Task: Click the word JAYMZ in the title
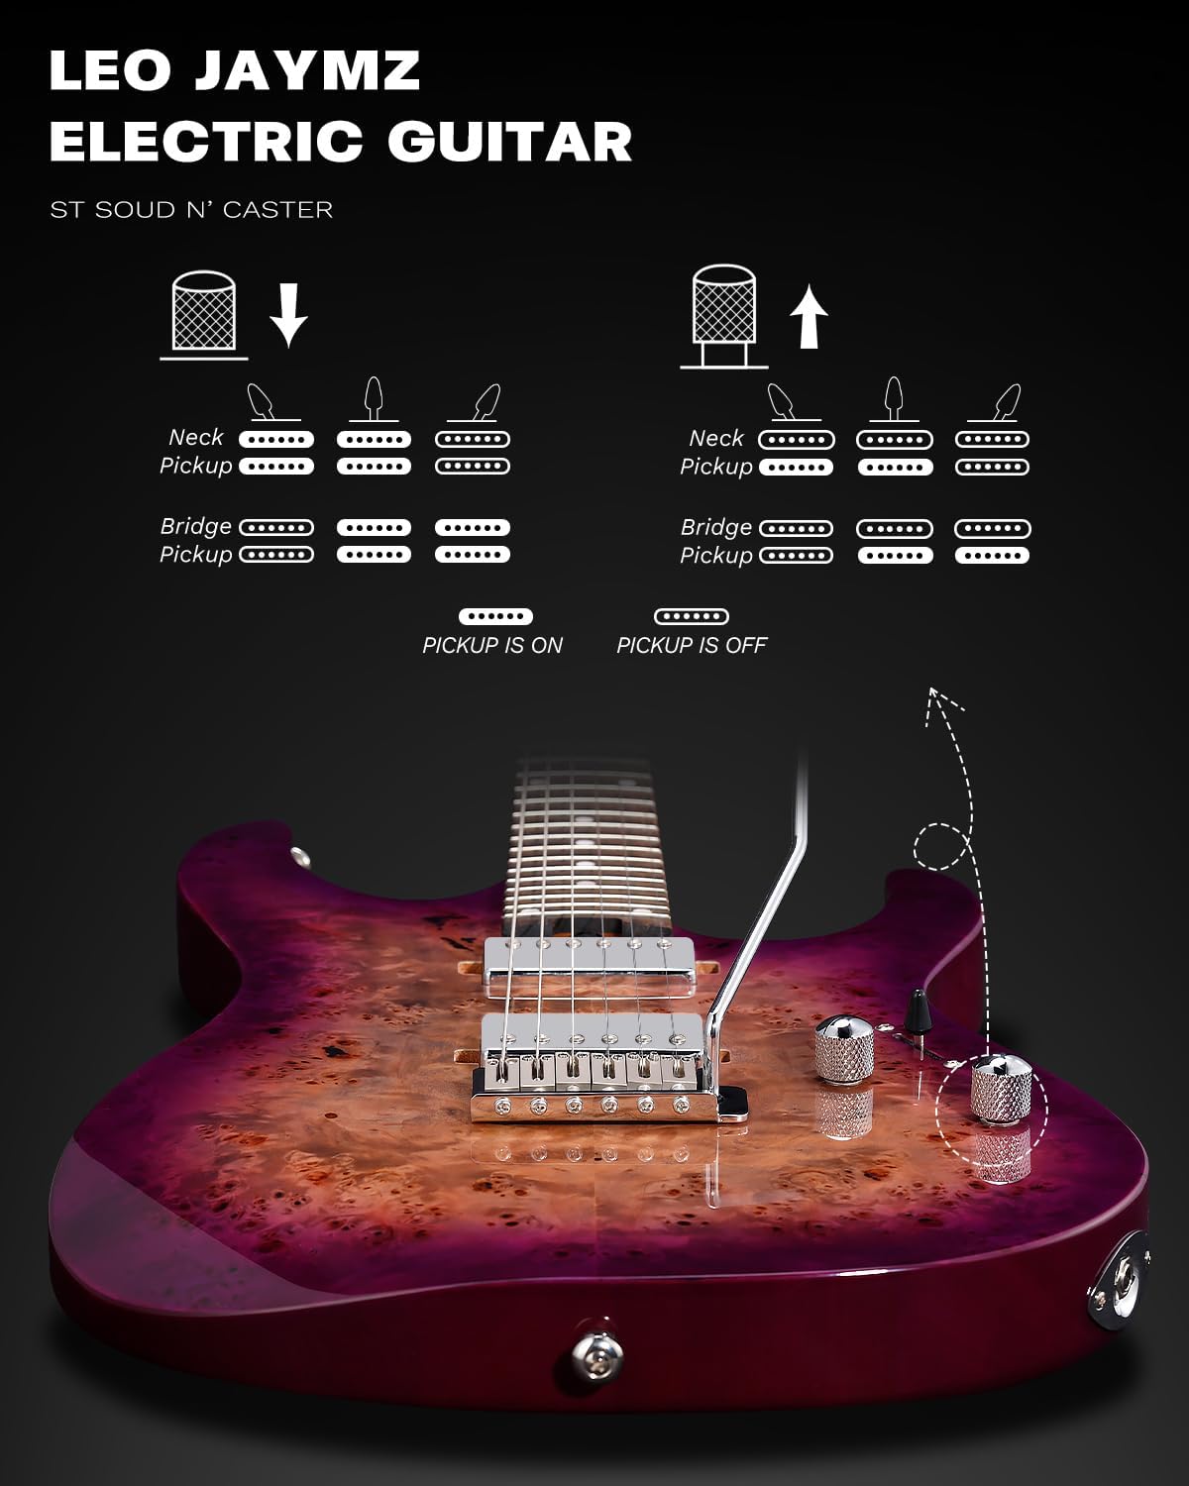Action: (307, 69)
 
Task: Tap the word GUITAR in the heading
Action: (510, 141)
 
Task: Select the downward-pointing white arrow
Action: (288, 315)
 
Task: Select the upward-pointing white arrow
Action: (809, 318)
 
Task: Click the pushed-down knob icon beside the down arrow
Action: (204, 314)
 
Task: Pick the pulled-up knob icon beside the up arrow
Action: (724, 316)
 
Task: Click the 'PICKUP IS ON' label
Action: (491, 645)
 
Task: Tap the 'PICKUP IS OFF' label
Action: (692, 645)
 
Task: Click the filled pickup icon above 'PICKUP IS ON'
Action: (495, 616)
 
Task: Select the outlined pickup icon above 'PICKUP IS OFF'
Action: (691, 616)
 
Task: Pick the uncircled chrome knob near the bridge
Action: (843, 1048)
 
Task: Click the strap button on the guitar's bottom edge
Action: (596, 1354)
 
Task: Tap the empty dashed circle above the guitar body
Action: (940, 845)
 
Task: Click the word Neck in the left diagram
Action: (195, 437)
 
